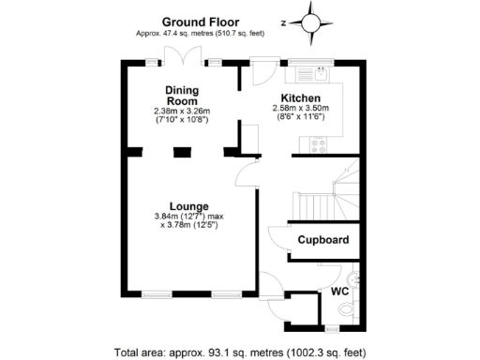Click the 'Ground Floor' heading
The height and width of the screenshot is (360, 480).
click(x=200, y=21)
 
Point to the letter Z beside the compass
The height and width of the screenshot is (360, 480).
click(x=284, y=21)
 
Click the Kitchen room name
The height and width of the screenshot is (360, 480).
click(x=302, y=97)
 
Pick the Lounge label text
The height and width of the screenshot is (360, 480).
click(x=188, y=206)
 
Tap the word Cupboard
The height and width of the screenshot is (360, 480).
click(x=323, y=240)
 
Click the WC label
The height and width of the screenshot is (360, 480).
click(x=340, y=292)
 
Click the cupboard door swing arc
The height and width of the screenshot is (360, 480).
click(x=278, y=239)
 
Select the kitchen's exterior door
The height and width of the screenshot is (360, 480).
click(x=262, y=70)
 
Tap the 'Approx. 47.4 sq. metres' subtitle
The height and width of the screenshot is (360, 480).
click(x=200, y=34)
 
